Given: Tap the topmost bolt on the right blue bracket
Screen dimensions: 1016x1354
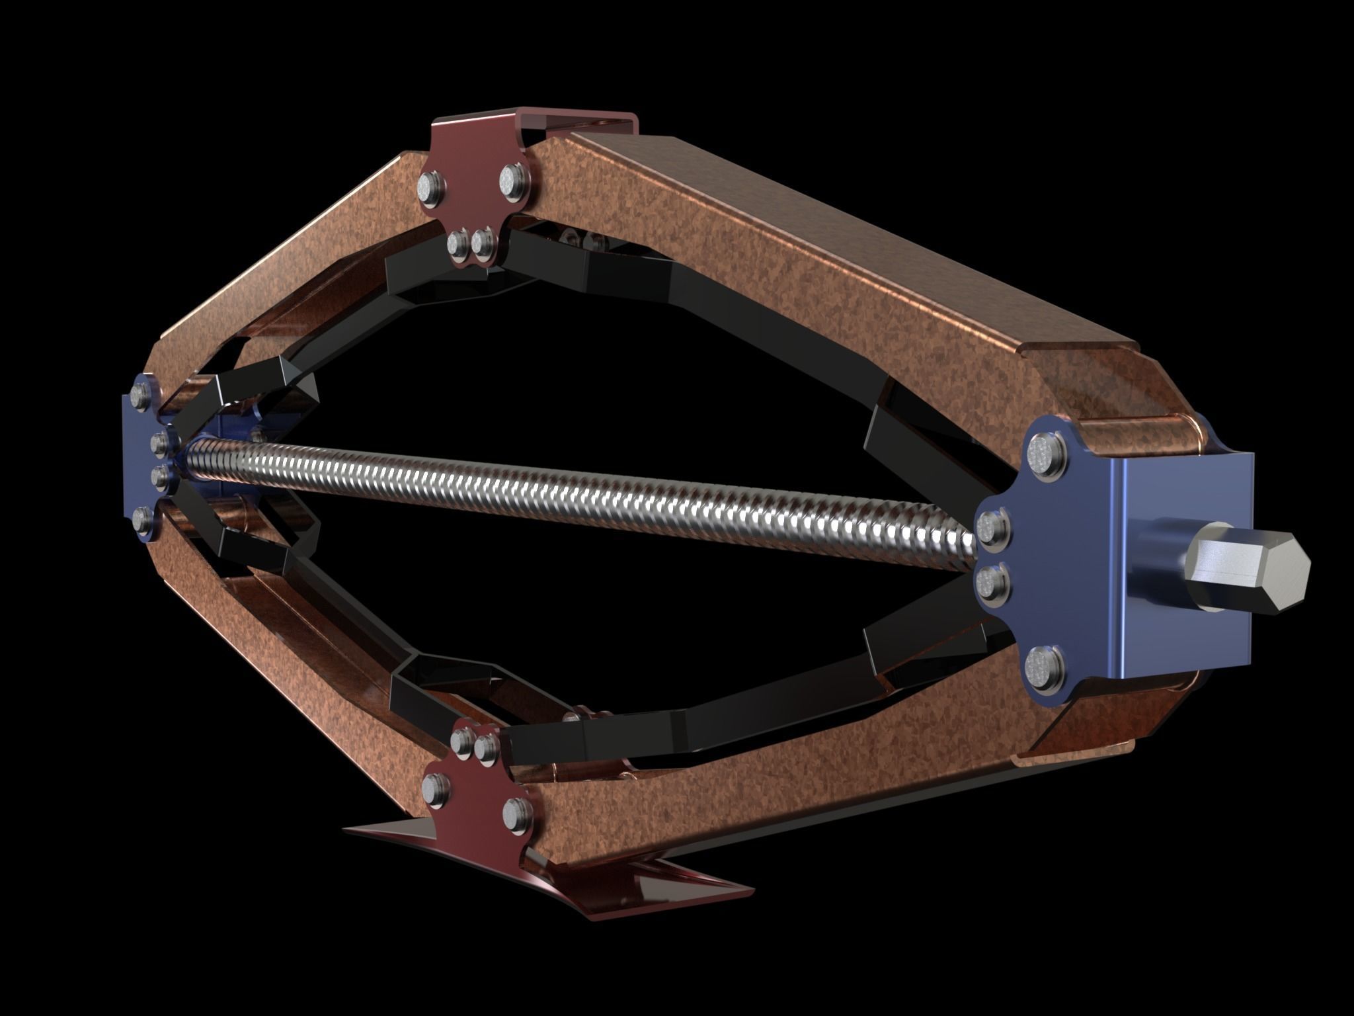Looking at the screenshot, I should point(1046,456).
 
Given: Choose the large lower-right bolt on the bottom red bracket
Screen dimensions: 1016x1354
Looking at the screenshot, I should point(516,812).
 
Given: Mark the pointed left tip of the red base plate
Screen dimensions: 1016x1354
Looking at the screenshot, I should point(344,827).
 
